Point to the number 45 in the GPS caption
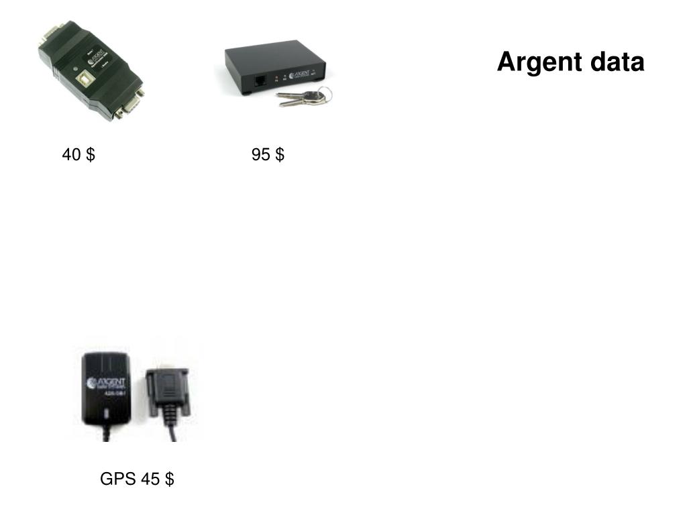(x=150, y=479)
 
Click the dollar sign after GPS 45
(x=170, y=479)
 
